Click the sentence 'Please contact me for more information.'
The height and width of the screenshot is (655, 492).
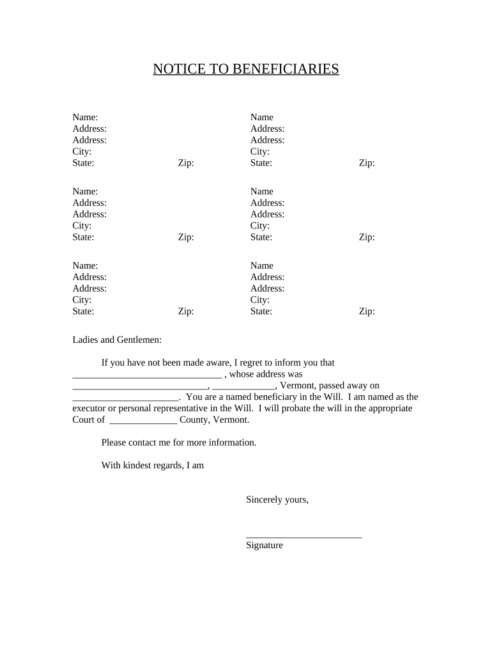pyautogui.click(x=178, y=443)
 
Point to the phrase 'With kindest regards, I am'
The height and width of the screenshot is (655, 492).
pyautogui.click(x=152, y=466)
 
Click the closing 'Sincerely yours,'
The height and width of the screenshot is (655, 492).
pyautogui.click(x=277, y=500)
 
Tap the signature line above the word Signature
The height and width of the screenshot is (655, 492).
pyautogui.click(x=304, y=537)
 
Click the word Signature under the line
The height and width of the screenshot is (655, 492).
pyautogui.click(x=264, y=546)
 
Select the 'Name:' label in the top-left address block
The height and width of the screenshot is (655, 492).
pyautogui.click(x=85, y=117)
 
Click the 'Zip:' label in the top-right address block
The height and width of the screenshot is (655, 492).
pyautogui.click(x=366, y=163)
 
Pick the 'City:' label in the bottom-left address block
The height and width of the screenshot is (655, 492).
pyautogui.click(x=82, y=300)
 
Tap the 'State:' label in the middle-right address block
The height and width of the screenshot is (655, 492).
pyautogui.click(x=261, y=237)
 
